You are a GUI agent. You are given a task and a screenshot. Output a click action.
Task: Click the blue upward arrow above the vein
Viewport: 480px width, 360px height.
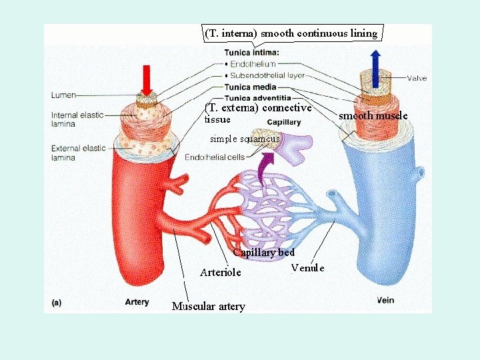376,66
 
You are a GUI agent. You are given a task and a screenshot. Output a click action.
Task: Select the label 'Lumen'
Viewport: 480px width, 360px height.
64,95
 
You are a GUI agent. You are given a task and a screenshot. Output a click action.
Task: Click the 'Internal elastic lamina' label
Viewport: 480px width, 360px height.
77,119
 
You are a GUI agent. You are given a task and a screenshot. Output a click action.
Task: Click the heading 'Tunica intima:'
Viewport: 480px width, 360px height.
251,52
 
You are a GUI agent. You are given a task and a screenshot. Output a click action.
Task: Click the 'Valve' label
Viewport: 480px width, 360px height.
417,78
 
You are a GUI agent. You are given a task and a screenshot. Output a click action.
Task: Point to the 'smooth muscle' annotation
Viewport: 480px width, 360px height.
373,116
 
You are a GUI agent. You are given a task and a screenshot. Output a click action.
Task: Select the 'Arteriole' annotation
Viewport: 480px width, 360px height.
221,272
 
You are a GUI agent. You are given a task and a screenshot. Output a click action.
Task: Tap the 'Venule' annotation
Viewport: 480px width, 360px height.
308,268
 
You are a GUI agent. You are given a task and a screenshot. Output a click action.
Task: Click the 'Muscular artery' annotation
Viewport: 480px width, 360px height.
208,307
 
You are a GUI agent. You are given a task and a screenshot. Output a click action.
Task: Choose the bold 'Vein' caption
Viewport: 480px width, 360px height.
385,300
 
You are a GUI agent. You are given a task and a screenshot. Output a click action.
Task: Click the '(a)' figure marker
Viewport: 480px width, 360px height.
58,302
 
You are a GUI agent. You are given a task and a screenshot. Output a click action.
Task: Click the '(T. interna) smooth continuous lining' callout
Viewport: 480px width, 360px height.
291,33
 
